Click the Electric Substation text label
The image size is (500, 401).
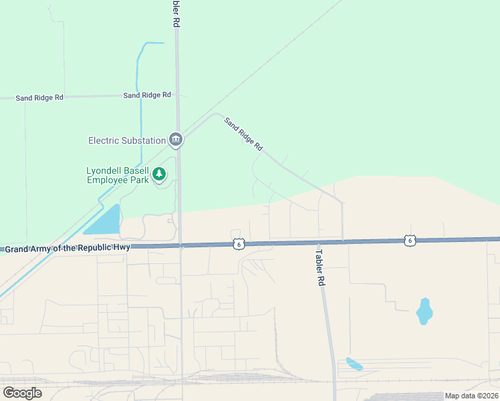point(127,140)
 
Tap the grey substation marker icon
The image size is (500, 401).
point(176,139)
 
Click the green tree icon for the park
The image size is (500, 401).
point(159,174)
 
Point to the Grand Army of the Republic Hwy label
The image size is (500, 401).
point(68,249)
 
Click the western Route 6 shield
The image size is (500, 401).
point(239,245)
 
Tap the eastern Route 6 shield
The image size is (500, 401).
point(410,240)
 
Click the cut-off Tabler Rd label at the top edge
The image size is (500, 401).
point(175,13)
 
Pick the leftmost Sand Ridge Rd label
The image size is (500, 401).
point(39,98)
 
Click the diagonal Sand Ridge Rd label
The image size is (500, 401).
point(243,134)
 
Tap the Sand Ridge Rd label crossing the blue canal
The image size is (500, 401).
point(147,96)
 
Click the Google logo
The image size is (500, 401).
point(22,392)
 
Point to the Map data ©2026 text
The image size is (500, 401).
point(471,396)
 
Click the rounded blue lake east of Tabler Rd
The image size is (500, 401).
point(424,311)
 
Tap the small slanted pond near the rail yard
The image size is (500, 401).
point(354,364)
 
